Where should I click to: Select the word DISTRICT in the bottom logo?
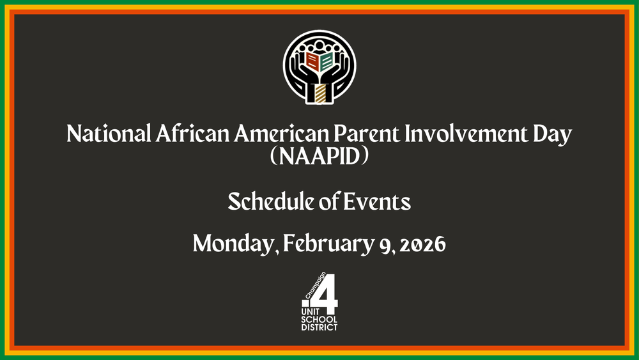click(x=319, y=327)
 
